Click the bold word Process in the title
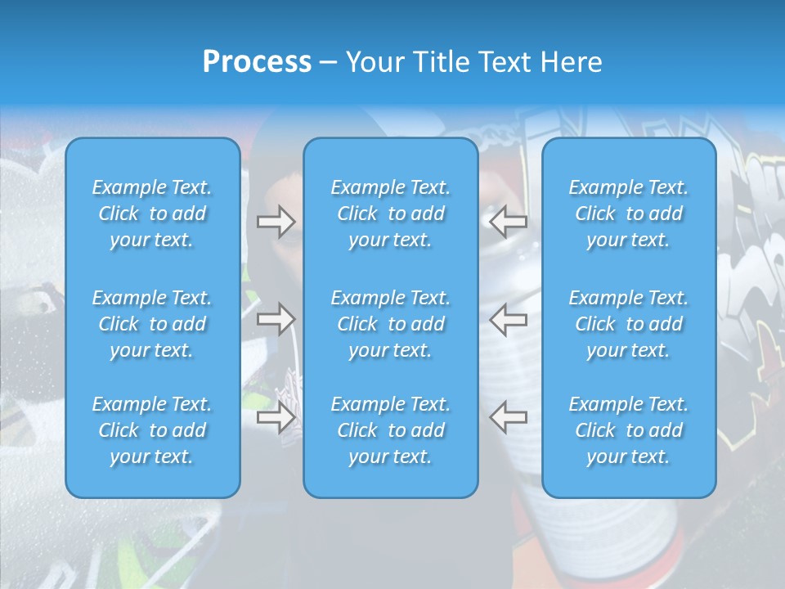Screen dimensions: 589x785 coord(257,62)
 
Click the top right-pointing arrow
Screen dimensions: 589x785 coord(276,221)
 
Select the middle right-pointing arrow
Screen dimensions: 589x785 coord(276,318)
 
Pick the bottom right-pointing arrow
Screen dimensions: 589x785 coord(276,416)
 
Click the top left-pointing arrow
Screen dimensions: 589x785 coord(508,221)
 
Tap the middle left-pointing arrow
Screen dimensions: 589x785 coord(508,318)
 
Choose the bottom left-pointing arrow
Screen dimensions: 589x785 coord(508,416)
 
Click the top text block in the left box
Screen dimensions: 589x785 coord(152,214)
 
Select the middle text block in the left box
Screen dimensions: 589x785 coord(152,324)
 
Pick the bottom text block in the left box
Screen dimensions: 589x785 coord(152,430)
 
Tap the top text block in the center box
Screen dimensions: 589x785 coord(391,214)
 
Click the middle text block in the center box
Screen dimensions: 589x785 coord(391,324)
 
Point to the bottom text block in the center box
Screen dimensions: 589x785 coord(391,430)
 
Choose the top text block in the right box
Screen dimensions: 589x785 coord(629,214)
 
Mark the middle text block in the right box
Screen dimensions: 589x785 coord(629,324)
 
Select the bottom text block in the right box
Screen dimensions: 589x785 coord(629,430)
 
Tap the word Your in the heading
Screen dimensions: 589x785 coord(372,62)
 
